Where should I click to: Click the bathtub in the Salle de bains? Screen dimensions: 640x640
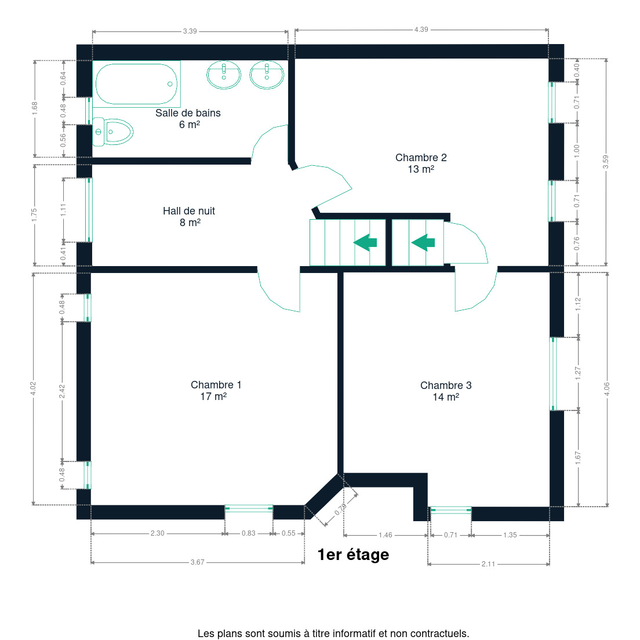click(x=136, y=84)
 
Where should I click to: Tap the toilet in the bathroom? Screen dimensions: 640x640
click(x=112, y=132)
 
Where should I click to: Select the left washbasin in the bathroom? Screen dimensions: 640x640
click(x=224, y=75)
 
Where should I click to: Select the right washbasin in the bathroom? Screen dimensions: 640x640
click(x=267, y=75)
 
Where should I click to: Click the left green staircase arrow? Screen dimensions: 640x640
click(x=365, y=242)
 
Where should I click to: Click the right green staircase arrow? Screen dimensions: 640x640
click(x=423, y=242)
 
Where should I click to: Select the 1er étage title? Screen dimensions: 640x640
click(x=354, y=555)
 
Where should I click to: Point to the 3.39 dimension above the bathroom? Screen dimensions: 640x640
click(x=190, y=31)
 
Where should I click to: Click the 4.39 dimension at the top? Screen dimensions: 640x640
click(x=421, y=30)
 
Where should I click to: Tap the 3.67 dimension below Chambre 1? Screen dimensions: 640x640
click(x=198, y=562)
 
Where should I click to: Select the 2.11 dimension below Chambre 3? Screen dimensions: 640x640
click(x=488, y=564)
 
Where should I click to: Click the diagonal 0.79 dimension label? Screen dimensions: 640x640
click(x=340, y=510)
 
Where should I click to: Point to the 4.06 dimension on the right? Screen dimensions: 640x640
click(x=607, y=389)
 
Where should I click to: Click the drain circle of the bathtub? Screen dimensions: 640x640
click(x=170, y=84)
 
